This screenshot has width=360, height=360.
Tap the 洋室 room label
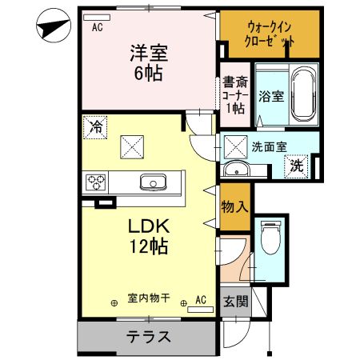pyautogui.click(x=150, y=60)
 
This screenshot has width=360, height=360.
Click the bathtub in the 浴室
pyautogui.click(x=301, y=95)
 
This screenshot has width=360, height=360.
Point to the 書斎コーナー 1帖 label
pyautogui.click(x=236, y=93)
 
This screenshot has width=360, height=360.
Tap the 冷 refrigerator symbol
pyautogui.click(x=95, y=126)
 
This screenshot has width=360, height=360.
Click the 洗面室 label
pyautogui.click(x=269, y=146)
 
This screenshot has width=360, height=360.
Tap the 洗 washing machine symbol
pyautogui.click(x=296, y=166)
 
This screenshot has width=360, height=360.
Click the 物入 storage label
pyautogui.click(x=234, y=206)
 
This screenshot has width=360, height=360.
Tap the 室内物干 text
pyautogui.click(x=148, y=298)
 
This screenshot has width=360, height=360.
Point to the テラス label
pyautogui.click(x=148, y=336)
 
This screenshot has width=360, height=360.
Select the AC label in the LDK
pyautogui.click(x=201, y=299)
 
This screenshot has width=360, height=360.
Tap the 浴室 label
pyautogui.click(x=270, y=96)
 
